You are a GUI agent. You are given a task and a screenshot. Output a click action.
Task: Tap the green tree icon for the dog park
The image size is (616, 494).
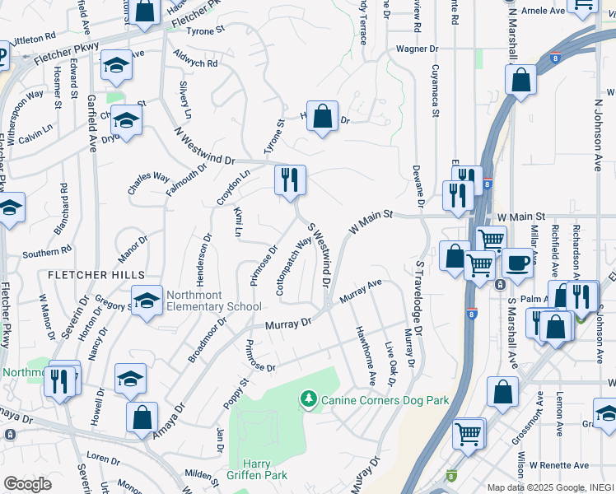(x=309, y=399)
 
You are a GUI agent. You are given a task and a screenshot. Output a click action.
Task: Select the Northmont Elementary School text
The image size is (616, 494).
(x=213, y=301)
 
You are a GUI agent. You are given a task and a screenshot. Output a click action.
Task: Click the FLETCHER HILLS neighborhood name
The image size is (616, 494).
(x=96, y=274)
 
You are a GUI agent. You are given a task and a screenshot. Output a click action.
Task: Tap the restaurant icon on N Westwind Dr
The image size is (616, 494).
(x=290, y=181)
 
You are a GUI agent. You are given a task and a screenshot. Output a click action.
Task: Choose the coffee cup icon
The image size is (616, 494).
(x=517, y=263)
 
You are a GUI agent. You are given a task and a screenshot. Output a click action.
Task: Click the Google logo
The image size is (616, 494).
(x=27, y=484)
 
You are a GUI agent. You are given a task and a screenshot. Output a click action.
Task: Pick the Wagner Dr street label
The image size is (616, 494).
(x=417, y=49)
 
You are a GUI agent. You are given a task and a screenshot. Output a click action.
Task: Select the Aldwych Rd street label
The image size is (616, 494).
(x=195, y=58)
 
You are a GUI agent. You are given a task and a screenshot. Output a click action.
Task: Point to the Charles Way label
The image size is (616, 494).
(x=148, y=183)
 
